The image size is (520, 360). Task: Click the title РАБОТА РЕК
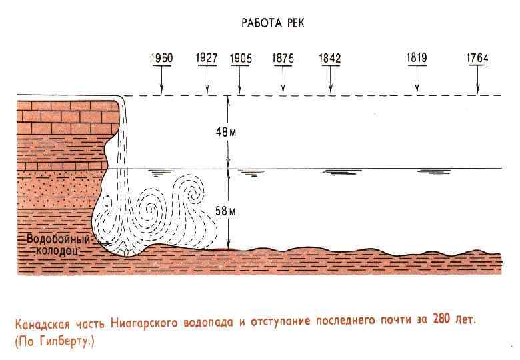(273, 23)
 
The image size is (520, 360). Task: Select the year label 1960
(161, 58)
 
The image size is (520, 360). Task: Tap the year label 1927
(207, 58)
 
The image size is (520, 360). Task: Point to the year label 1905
(240, 59)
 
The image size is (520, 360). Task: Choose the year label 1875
(283, 59)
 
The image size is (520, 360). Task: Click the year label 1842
(330, 59)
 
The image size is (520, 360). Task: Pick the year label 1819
(417, 58)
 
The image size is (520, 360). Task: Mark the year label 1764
(477, 59)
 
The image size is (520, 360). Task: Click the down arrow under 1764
(477, 80)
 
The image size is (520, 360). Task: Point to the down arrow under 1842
(330, 80)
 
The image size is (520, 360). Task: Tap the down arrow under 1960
(161, 80)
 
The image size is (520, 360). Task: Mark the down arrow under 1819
(417, 80)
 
